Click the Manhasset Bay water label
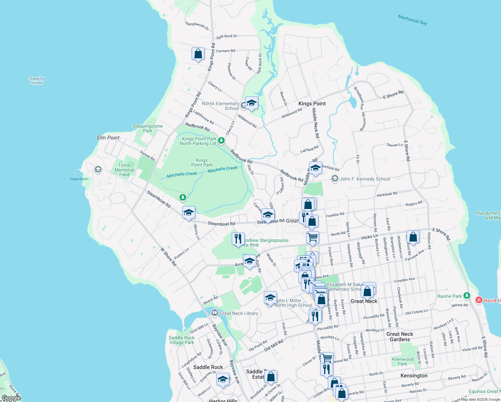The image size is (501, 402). click(412, 20)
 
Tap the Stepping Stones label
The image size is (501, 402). click(37, 81)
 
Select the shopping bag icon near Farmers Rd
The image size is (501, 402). click(198, 54)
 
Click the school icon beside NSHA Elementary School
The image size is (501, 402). click(252, 103)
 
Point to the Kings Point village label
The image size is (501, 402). click(312, 104)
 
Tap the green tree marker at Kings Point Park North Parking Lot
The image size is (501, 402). click(221, 140)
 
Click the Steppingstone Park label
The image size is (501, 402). click(147, 128)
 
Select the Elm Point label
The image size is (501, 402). click(108, 138)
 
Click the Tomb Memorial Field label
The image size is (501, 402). click(124, 170)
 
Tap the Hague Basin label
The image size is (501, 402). click(79, 179)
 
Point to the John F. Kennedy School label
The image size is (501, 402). click(365, 179)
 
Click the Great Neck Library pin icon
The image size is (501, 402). click(214, 313)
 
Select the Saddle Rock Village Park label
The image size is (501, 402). click(182, 340)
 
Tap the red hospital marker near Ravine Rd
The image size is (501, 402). click(479, 300)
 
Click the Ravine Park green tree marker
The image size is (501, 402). click(467, 296)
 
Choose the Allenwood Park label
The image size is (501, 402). click(403, 361)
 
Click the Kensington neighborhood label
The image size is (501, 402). click(414, 376)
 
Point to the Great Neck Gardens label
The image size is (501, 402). click(400, 337)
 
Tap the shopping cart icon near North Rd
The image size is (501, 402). click(312, 237)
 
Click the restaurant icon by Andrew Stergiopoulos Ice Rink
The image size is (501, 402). click(238, 239)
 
